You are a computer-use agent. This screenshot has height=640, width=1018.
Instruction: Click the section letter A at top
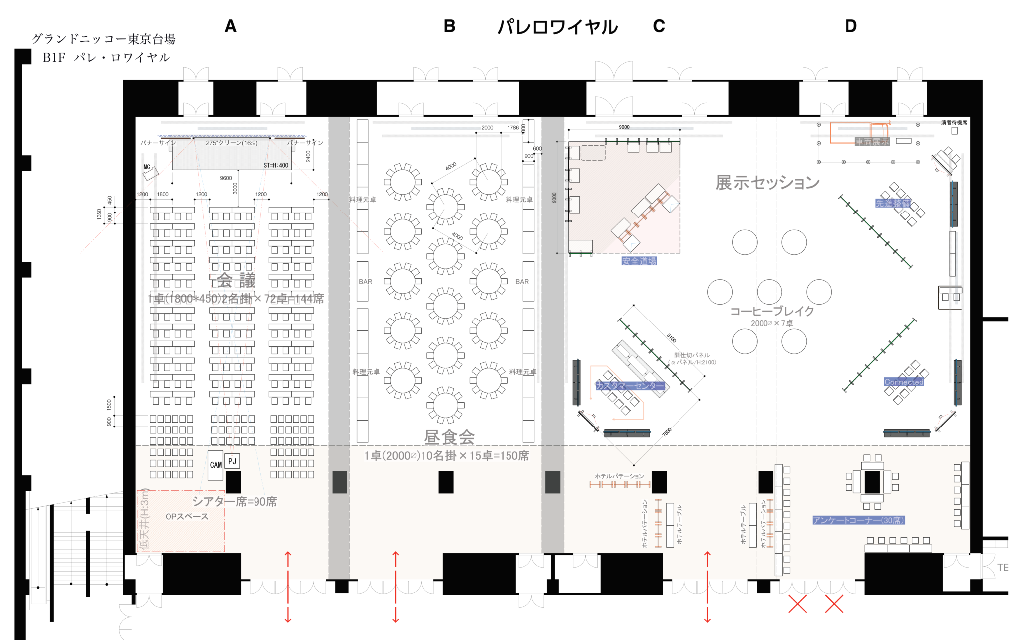(230, 26)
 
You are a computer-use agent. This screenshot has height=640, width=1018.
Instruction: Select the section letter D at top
(850, 26)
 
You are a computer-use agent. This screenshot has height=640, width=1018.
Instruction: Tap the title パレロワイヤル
(558, 27)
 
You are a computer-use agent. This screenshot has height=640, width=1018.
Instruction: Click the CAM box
(216, 465)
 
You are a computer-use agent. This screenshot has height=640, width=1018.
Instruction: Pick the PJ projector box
(232, 461)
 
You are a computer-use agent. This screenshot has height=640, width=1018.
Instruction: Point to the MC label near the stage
(147, 167)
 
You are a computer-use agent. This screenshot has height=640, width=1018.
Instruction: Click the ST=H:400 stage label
(276, 165)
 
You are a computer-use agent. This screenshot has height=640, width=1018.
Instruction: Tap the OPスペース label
(187, 517)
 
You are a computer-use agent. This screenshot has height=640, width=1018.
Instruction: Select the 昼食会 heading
(449, 437)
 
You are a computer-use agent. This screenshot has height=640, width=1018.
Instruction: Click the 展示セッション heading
(767, 183)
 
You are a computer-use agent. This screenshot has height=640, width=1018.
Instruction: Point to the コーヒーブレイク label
(772, 311)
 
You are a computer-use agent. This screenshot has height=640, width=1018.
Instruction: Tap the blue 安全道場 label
(639, 261)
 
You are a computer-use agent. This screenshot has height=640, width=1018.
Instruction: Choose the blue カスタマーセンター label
(630, 386)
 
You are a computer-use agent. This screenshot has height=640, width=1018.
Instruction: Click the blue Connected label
(904, 382)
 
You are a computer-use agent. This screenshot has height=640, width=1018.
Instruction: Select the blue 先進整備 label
(893, 203)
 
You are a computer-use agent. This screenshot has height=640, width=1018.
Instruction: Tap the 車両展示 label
(872, 142)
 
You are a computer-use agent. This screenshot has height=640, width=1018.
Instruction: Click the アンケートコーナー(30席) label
(858, 520)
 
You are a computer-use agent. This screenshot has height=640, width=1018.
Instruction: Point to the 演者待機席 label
(954, 122)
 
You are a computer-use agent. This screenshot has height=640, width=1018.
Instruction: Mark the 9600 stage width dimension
(226, 178)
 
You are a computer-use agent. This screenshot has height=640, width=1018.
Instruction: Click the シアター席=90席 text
(235, 501)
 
